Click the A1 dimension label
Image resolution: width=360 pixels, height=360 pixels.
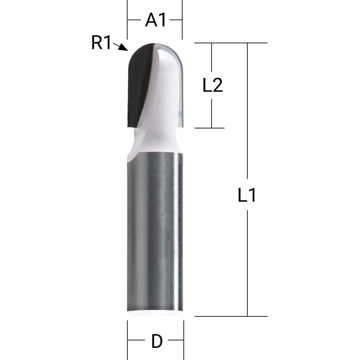pyautogui.click(x=156, y=20)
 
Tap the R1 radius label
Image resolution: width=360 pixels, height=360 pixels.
pyautogui.click(x=101, y=42)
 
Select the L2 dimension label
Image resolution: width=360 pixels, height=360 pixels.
pyautogui.click(x=212, y=85)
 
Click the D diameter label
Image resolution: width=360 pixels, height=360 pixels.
pyautogui.click(x=157, y=341)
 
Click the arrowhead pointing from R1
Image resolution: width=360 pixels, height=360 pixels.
pyautogui.click(x=124, y=48)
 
